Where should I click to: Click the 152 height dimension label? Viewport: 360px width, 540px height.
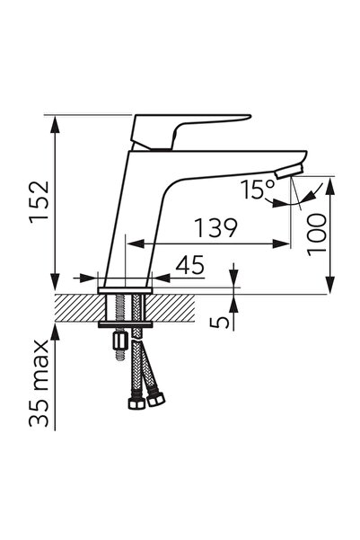pyautogui.click(x=40, y=201)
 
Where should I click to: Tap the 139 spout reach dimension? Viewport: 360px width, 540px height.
pyautogui.click(x=215, y=227)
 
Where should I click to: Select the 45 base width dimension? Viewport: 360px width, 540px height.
pyautogui.click(x=190, y=265)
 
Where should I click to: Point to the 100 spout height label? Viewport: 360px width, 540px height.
pyautogui.click(x=316, y=235)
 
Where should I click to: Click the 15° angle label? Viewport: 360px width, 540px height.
pyautogui.click(x=259, y=190)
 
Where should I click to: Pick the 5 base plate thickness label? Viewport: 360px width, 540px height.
pyautogui.click(x=220, y=322)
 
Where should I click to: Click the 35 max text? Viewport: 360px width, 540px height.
pyautogui.click(x=39, y=384)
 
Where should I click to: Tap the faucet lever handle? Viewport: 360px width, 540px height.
pyautogui.click(x=186, y=132)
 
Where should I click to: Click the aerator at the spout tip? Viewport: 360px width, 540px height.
pyautogui.click(x=289, y=171)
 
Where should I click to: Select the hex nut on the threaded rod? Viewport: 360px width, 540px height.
pyautogui.click(x=120, y=341)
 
